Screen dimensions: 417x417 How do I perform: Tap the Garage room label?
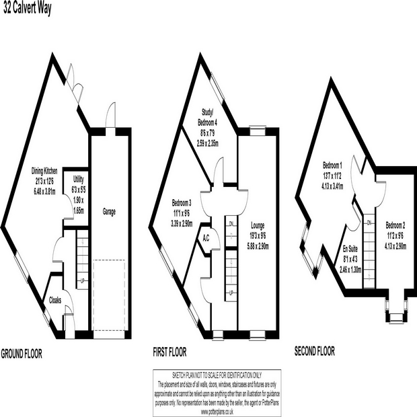(x=109, y=211)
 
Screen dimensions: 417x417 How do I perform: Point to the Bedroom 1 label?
(x=334, y=164)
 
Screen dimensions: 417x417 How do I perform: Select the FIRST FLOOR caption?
(x=169, y=352)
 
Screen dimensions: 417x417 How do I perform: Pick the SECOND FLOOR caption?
(x=315, y=350)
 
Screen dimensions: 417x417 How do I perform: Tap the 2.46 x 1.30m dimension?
(x=350, y=268)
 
